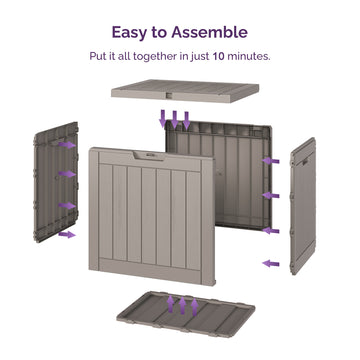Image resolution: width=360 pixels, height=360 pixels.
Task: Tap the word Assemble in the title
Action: pyautogui.click(x=209, y=32)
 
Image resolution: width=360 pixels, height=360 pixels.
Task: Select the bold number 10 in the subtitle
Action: pyautogui.click(x=218, y=56)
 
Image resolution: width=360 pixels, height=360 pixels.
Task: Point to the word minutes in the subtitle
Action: pyautogui.click(x=249, y=56)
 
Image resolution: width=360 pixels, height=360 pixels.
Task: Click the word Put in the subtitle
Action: pyautogui.click(x=97, y=56)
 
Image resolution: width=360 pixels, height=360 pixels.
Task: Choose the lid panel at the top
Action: pyautogui.click(x=185, y=91)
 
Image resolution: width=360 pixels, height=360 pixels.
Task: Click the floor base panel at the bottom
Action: pyautogui.click(x=186, y=314)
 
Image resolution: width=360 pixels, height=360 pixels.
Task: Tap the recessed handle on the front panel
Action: pyautogui.click(x=149, y=155)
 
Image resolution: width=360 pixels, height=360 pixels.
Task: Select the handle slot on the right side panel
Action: pyautogui.click(x=305, y=163)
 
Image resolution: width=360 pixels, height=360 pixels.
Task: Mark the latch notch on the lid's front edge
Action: pyautogui.click(x=170, y=96)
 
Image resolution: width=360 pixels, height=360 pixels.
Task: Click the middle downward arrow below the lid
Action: pyautogui.click(x=174, y=120)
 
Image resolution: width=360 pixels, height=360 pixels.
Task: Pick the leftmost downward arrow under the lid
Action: pyautogui.click(x=163, y=119)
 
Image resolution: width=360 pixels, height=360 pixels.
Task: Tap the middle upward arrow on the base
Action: pyautogui.click(x=182, y=305)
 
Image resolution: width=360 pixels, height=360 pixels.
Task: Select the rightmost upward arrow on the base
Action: pyautogui.click(x=194, y=307)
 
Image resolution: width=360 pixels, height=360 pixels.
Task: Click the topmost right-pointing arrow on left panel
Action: pyautogui.click(x=67, y=145)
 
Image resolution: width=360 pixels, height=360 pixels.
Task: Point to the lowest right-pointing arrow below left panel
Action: pyautogui.click(x=67, y=235)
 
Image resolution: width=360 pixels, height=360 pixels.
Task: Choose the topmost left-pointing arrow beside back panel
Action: pyautogui.click(x=271, y=161)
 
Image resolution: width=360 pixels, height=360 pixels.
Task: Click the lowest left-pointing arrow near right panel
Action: pyautogui.click(x=271, y=264)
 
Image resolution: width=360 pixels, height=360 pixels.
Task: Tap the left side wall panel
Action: pyautogui.click(x=56, y=182)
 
